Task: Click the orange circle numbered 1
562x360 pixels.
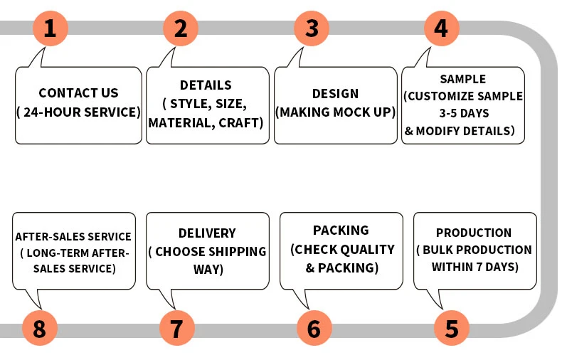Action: pos(50,28)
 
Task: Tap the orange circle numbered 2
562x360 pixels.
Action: pos(181,28)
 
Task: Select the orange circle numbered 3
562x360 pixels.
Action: pos(312,28)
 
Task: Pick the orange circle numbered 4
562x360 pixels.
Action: pos(441,28)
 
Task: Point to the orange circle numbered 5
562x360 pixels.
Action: pos(452,329)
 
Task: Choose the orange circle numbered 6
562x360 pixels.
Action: pos(314,329)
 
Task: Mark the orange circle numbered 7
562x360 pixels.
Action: pos(176,329)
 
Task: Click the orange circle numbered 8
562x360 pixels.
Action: pos(39,329)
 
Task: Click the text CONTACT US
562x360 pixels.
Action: pos(78,93)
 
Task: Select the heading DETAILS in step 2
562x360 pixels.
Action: pos(206,85)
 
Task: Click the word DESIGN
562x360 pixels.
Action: pos(335,93)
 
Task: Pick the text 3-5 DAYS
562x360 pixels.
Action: pos(462,113)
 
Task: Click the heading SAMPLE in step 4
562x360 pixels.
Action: pos(462,79)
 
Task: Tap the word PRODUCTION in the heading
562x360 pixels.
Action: pos(474,233)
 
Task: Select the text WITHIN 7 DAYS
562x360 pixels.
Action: pos(474,267)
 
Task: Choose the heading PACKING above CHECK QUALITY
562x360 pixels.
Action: pos(341,231)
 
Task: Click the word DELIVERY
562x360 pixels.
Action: pos(207,233)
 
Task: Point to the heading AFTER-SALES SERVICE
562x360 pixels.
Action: pos(73,236)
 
